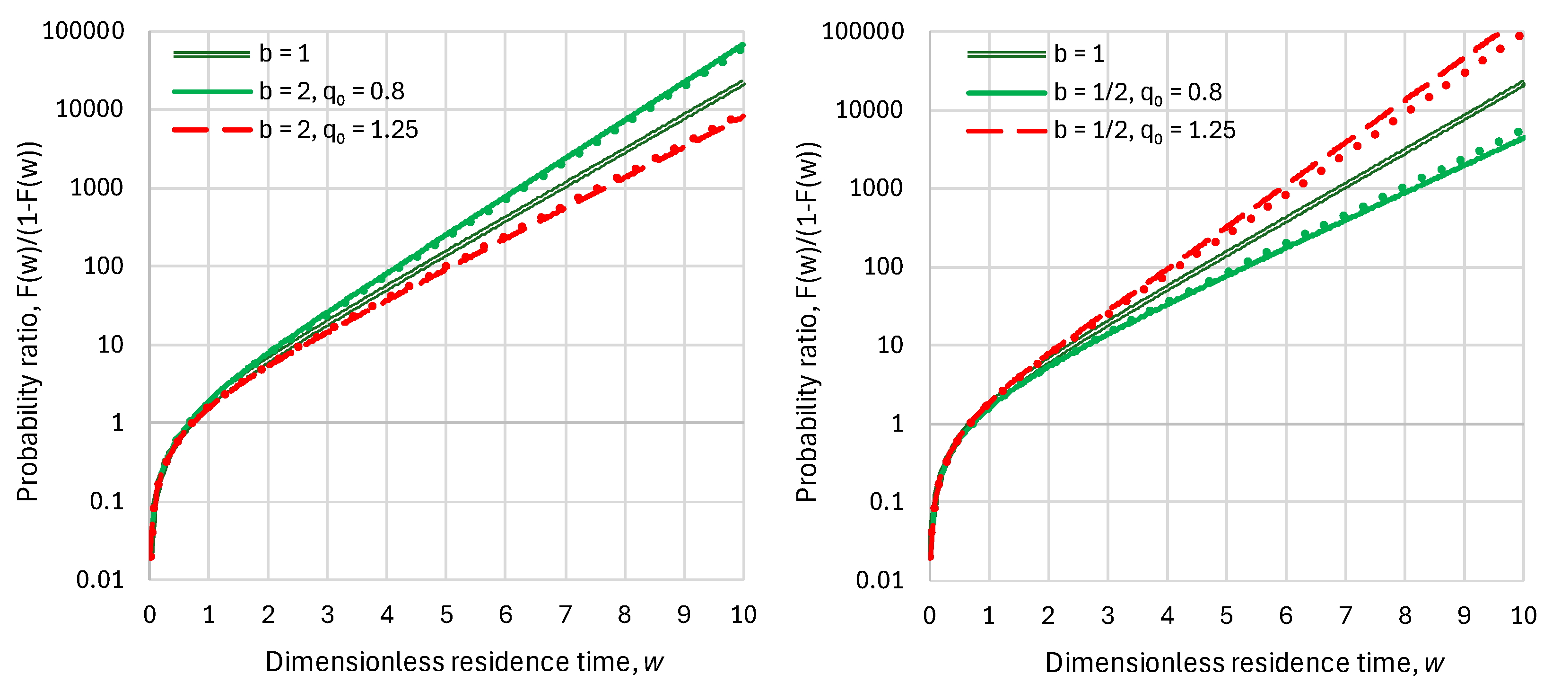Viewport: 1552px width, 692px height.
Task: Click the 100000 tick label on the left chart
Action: point(83,31)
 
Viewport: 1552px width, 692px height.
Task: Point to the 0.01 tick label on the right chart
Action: point(880,580)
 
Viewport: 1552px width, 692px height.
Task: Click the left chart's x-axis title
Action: point(464,662)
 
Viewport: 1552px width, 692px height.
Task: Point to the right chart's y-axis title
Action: point(807,322)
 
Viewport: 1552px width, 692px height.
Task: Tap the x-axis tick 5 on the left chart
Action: point(446,615)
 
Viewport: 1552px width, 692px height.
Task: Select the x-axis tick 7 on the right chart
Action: point(1345,615)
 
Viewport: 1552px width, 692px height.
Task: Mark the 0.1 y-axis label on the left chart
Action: point(107,502)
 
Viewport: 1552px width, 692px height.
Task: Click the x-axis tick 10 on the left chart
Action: point(743,615)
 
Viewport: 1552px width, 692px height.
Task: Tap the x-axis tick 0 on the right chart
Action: point(930,615)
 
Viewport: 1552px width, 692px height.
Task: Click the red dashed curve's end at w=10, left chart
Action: point(742,117)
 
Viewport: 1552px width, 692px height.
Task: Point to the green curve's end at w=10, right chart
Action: point(1522,139)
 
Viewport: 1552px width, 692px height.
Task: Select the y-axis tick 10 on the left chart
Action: point(110,345)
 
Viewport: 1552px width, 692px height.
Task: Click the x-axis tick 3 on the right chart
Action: point(1107,615)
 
